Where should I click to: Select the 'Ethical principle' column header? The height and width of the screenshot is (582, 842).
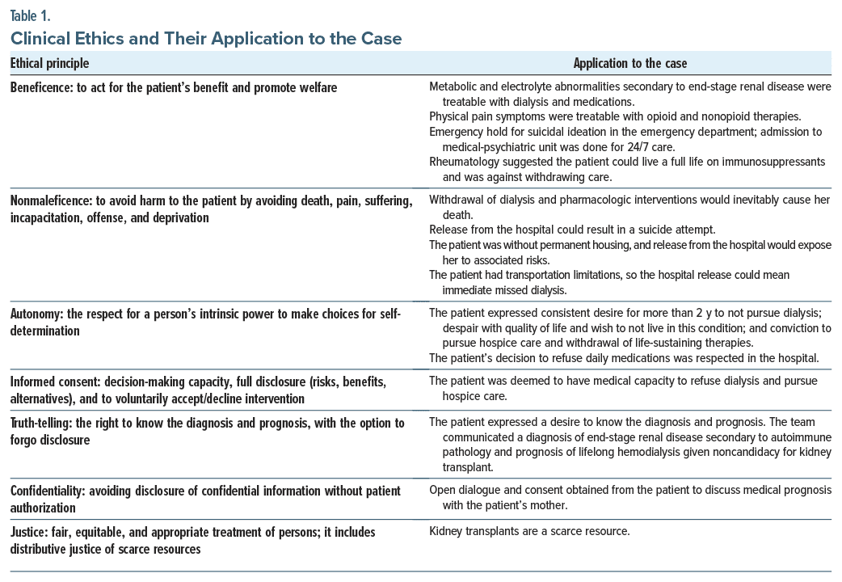tap(49, 63)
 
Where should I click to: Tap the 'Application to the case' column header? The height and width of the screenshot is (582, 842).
tap(630, 63)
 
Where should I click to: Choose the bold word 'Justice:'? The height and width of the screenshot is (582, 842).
tap(32, 533)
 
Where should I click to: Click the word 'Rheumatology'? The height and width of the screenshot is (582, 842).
tap(465, 162)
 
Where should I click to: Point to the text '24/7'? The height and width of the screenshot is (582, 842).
tap(592, 146)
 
